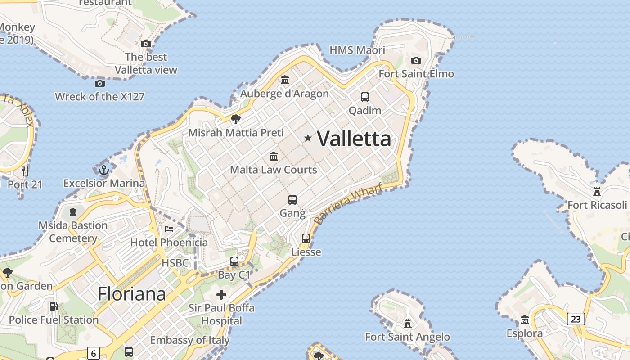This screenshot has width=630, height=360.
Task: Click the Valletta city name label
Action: [x=354, y=139]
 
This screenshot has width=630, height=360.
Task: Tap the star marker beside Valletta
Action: [x=308, y=138]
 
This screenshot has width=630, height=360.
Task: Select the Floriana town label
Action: [x=132, y=294]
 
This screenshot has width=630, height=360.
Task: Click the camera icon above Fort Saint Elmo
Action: [x=416, y=60]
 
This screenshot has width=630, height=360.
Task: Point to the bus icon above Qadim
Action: [x=364, y=97]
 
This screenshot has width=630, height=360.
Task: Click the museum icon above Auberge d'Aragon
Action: [x=285, y=80]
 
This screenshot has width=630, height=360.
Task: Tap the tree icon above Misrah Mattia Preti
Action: [x=235, y=119]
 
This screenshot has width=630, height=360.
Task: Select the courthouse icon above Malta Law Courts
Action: [x=274, y=156]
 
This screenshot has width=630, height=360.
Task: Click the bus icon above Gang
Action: [x=292, y=199]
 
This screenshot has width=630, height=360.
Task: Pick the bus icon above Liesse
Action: [x=306, y=238]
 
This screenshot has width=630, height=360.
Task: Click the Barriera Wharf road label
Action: [x=348, y=203]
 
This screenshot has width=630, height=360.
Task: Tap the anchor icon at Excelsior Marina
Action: [x=104, y=170]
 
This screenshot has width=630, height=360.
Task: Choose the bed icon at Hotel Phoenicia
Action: [x=169, y=229]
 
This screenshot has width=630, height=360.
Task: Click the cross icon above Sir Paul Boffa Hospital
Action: [x=221, y=295]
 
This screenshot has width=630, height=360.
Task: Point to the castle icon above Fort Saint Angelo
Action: [x=408, y=323]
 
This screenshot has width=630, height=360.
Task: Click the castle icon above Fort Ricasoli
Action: [x=597, y=191]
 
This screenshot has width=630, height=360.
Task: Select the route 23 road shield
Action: [x=576, y=319]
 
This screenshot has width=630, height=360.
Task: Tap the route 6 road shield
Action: [x=93, y=353]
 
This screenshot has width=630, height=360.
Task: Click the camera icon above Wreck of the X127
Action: [x=100, y=83]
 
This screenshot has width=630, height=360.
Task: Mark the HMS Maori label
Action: [x=357, y=50]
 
